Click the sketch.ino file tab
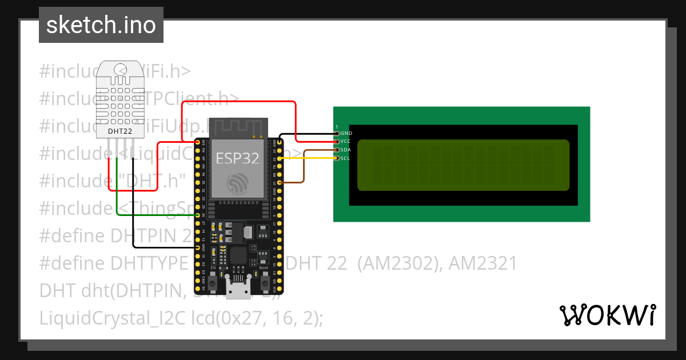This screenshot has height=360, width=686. coord(101,25)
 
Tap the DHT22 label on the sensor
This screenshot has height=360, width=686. coord(120,131)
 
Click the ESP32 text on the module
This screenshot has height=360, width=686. coord(237,158)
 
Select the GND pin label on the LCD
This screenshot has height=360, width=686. coord(346,133)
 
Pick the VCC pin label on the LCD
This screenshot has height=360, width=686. coord(345,141)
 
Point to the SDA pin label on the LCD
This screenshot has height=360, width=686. coord(345,150)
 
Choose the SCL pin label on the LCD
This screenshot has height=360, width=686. coord(345,158)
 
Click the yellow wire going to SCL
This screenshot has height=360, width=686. coord(309,158)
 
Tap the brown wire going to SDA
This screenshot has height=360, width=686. coord(304,166)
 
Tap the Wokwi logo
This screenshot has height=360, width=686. coord(607,315)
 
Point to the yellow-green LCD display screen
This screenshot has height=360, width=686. coord(463,165)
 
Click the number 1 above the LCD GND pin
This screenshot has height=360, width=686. coord(337,126)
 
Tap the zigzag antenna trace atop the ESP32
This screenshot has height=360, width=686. coord(237,126)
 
